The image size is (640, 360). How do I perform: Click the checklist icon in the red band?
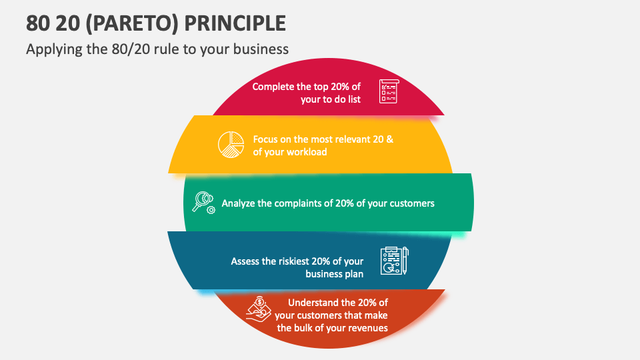click(x=388, y=91)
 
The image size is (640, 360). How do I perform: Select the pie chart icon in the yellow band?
click(x=231, y=145)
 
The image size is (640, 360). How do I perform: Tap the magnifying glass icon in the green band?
click(x=201, y=199)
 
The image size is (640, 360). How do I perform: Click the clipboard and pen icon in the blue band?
click(x=394, y=261)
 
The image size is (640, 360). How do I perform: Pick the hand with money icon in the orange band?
click(x=258, y=309)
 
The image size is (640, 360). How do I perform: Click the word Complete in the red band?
click(x=273, y=87)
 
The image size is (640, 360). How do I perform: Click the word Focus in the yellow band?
click(x=265, y=139)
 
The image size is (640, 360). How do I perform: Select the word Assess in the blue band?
click(x=245, y=261)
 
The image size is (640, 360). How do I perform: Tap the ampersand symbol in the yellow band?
click(x=389, y=139)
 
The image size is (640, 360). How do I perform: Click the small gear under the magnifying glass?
click(x=211, y=210)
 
